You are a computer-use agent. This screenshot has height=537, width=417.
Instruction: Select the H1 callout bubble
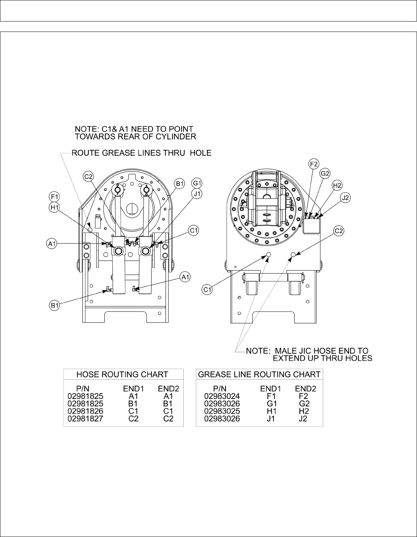54,207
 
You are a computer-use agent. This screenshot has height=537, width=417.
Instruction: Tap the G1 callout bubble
197,183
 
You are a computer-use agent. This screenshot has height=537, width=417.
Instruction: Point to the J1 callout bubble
197,193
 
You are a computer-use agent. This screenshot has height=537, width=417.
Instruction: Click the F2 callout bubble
314,163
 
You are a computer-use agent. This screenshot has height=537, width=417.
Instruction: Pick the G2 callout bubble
325,173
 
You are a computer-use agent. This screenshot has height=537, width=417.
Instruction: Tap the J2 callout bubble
346,198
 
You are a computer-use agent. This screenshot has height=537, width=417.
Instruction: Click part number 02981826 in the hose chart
85,411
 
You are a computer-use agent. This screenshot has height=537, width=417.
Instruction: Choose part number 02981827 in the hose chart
85,419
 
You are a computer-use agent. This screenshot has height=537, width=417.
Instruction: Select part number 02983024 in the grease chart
222,396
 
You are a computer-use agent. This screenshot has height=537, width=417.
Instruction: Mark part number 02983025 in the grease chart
222,411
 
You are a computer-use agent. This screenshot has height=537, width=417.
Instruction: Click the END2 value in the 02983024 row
303,396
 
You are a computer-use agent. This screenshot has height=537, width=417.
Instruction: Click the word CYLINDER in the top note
178,137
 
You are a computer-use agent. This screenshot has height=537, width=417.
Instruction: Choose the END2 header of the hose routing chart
168,389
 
